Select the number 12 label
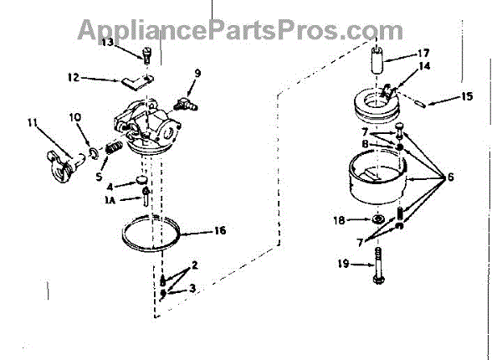[x=73, y=79]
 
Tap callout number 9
[x=197, y=74]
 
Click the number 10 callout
[x=74, y=116]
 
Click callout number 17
[x=423, y=52]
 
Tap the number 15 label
[x=467, y=97]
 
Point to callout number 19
[x=342, y=265]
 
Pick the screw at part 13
[x=146, y=57]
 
